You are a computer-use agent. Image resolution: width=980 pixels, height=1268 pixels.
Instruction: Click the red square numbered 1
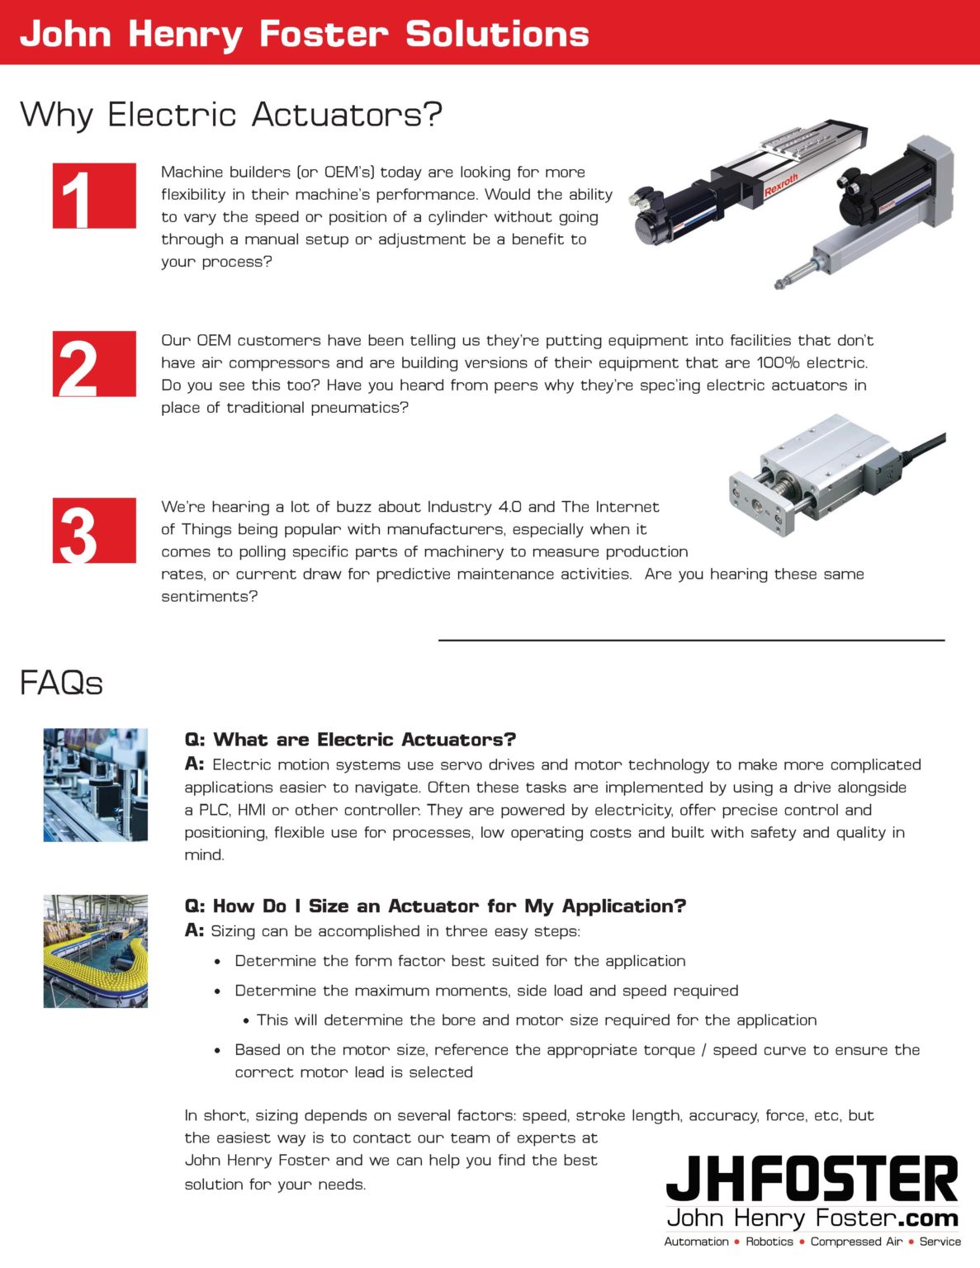(94, 196)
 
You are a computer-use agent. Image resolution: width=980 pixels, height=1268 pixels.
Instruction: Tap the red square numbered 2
(94, 364)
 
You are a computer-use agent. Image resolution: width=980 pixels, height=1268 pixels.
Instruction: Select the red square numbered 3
(94, 531)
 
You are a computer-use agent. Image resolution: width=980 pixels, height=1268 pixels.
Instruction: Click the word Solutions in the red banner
(497, 34)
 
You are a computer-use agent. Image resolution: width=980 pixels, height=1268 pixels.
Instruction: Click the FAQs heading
(61, 684)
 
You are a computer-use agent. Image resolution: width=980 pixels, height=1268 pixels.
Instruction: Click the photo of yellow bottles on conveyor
(95, 951)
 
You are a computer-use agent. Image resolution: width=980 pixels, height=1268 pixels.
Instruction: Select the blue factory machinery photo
(95, 784)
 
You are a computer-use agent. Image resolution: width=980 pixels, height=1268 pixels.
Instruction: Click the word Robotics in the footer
(769, 1242)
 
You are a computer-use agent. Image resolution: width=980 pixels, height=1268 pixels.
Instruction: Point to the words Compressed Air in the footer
(856, 1242)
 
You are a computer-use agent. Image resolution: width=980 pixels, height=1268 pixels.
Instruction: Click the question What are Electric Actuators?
(350, 740)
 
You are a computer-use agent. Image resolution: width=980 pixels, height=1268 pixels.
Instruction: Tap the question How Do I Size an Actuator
(435, 906)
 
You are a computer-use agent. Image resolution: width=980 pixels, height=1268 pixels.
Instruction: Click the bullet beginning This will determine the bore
(536, 1020)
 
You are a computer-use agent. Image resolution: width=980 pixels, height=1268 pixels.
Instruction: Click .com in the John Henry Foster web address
(928, 1218)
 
